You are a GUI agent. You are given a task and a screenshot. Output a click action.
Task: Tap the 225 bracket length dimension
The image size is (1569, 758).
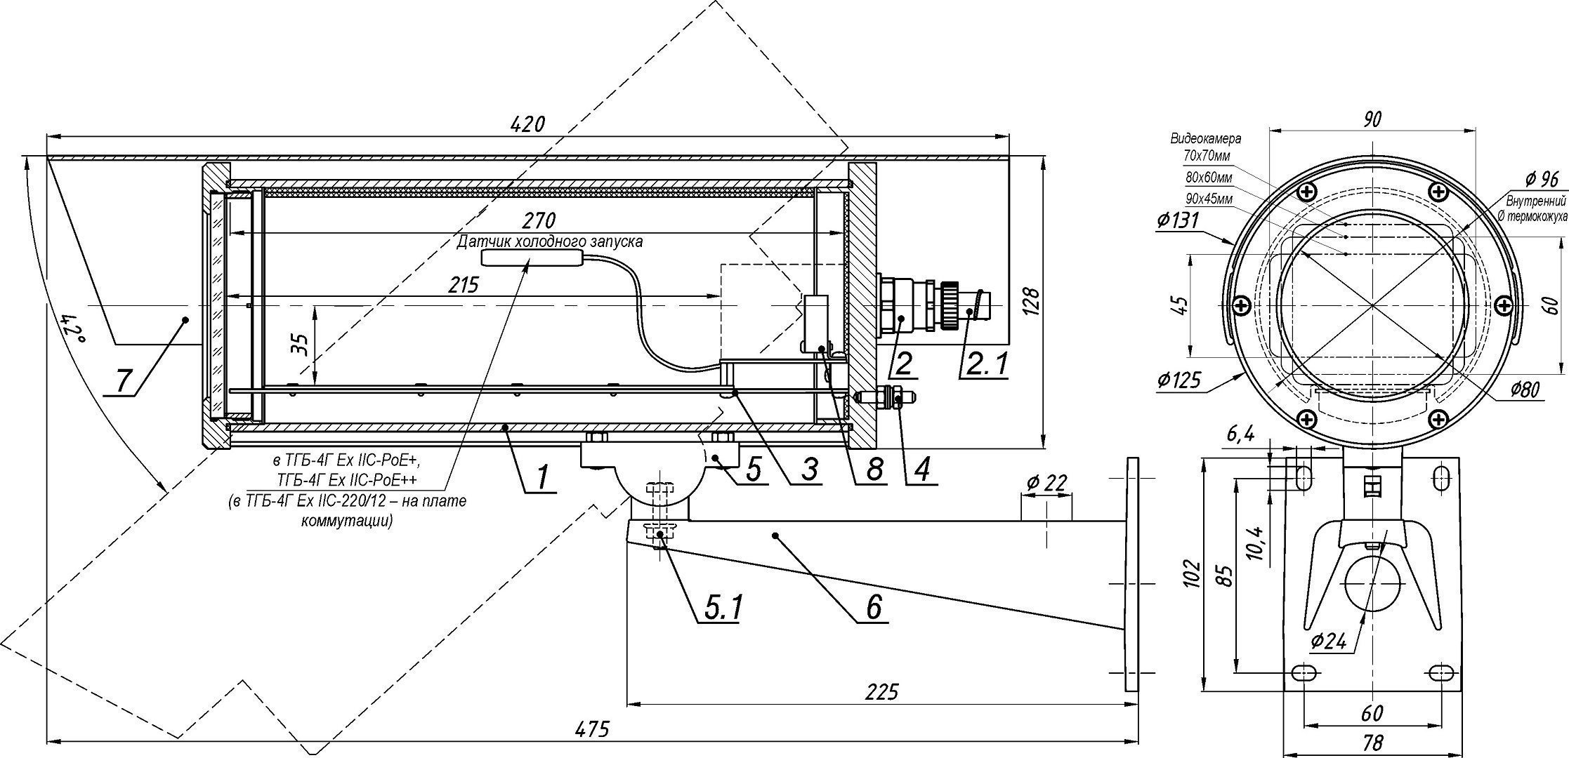pyautogui.click(x=881, y=692)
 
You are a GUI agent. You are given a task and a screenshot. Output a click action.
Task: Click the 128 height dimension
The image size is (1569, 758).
pyautogui.click(x=1031, y=302)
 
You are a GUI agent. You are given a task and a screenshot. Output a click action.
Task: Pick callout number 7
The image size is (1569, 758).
pyautogui.click(x=124, y=382)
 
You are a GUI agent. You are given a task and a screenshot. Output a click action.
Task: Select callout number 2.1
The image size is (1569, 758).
pyautogui.click(x=987, y=364)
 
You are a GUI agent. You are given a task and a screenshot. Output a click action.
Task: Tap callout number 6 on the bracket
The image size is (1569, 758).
pyautogui.click(x=873, y=606)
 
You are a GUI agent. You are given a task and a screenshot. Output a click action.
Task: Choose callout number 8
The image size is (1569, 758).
pyautogui.click(x=873, y=470)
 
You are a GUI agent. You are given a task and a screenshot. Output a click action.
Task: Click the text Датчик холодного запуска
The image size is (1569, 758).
pyautogui.click(x=549, y=241)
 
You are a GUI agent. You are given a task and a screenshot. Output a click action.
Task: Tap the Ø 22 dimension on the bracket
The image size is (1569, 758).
pyautogui.click(x=1046, y=483)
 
